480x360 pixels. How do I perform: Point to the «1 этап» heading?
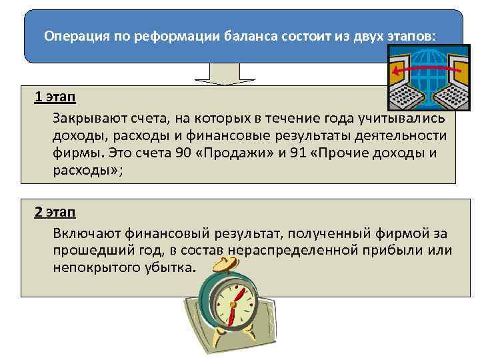pyautogui.click(x=55, y=98)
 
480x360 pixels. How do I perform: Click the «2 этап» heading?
pyautogui.click(x=55, y=213)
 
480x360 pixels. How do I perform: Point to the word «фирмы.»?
pyautogui.click(x=73, y=153)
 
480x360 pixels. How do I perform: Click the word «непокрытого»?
pyautogui.click(x=88, y=267)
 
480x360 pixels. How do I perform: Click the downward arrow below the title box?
pyautogui.click(x=220, y=74)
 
